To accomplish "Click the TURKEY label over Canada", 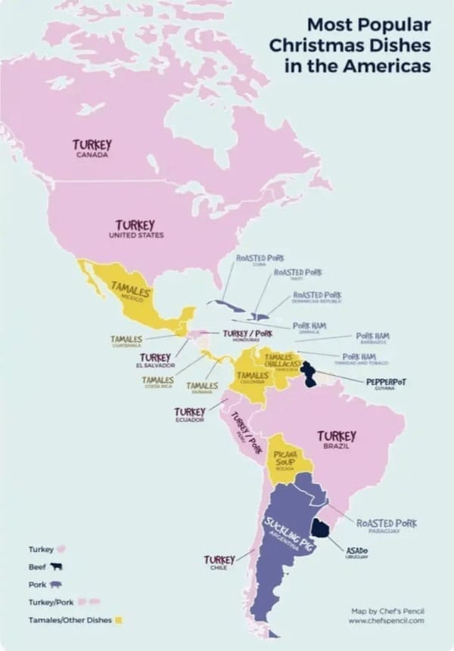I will (x=92, y=144).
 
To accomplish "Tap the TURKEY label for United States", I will (x=135, y=225).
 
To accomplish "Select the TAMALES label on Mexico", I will (x=132, y=290).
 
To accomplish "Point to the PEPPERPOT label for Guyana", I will (x=386, y=382).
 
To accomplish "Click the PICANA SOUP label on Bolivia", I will (x=285, y=457).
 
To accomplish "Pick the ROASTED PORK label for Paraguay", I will (x=386, y=522).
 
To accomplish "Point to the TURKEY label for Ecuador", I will (x=189, y=411).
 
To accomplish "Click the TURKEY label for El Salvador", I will (x=154, y=357).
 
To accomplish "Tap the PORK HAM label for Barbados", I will (x=372, y=335).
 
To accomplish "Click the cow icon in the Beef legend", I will (x=56, y=566).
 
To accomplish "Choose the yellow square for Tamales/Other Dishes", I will (x=120, y=620).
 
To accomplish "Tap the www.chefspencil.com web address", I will (x=386, y=620).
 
